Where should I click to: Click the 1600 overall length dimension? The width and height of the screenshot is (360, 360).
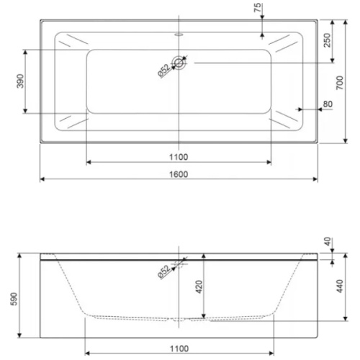[x=179, y=174]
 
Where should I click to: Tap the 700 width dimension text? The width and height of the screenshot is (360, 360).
[x=340, y=83]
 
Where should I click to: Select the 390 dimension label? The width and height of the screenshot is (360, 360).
[x=20, y=81]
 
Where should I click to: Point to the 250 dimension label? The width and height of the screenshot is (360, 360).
[x=327, y=40]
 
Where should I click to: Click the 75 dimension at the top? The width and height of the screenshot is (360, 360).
[x=257, y=8]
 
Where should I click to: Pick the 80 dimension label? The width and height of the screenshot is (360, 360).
[x=328, y=104]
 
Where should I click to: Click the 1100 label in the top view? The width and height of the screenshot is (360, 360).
[x=179, y=157]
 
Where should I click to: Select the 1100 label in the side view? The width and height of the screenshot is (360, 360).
[x=179, y=348]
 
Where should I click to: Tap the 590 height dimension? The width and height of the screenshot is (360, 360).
[x=14, y=299]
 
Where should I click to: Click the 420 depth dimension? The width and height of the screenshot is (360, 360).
[x=199, y=287]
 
